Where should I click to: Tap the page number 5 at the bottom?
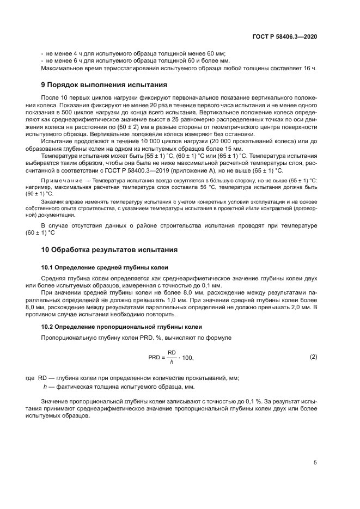(315, 463)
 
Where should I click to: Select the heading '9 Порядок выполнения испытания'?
(104, 85)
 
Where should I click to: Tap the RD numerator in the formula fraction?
(171, 353)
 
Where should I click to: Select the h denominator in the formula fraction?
(171, 362)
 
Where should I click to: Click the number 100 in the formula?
(187, 358)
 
